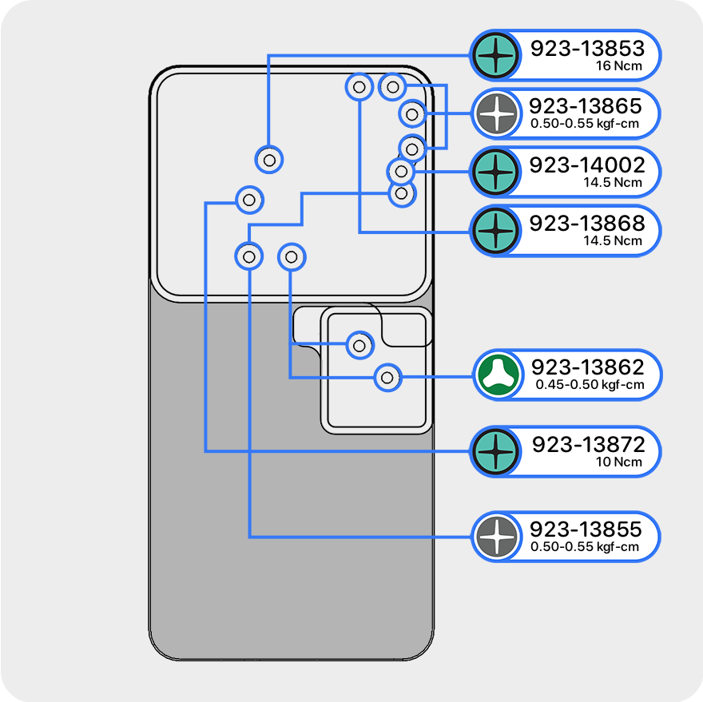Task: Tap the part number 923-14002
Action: point(587,165)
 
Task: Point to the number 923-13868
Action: point(587,224)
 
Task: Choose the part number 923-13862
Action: point(588,367)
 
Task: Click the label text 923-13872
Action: point(587,445)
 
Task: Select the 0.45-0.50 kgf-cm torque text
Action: point(590,385)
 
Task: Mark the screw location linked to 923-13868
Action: point(359,86)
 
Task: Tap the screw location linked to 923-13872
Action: point(249,199)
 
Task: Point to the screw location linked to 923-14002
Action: point(401,172)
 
